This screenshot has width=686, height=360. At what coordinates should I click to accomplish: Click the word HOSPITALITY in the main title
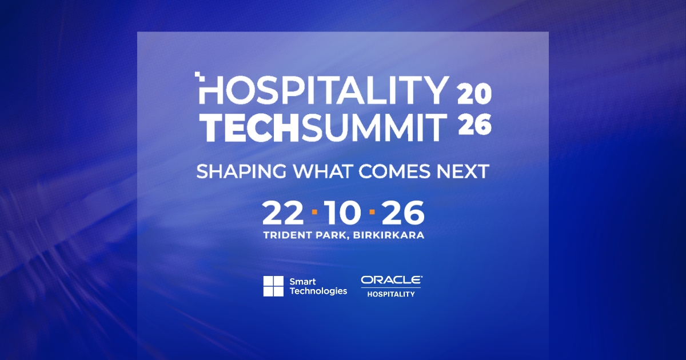[x=322, y=90]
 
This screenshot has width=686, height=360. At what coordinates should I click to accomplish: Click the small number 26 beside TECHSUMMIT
[x=474, y=125]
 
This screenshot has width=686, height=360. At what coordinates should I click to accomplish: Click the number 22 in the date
[x=282, y=213]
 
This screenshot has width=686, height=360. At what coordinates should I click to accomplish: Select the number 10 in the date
[x=342, y=213]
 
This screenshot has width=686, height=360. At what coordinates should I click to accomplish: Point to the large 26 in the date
[x=404, y=213]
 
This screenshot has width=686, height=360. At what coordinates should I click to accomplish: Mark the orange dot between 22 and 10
[x=314, y=212]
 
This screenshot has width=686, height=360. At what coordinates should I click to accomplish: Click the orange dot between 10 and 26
[x=372, y=212]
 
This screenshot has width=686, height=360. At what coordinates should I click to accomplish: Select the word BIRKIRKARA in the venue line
[x=388, y=235]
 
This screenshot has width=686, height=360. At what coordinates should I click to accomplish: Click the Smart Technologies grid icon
[x=273, y=286]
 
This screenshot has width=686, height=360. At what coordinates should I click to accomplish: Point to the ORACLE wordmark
[x=392, y=280]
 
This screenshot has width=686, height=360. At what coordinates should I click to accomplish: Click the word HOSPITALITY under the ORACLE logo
[x=391, y=294]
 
